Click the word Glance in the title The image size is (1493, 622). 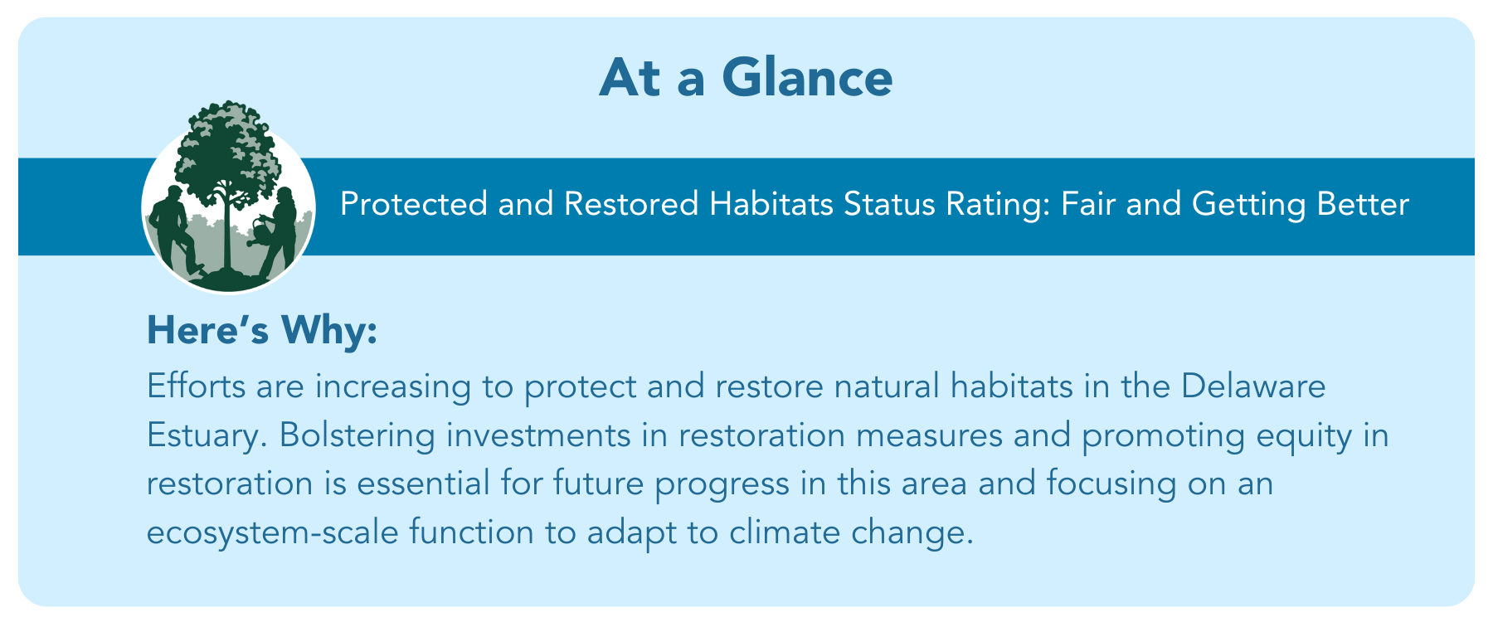pyautogui.click(x=807, y=78)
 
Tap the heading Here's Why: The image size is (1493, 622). pyautogui.click(x=262, y=331)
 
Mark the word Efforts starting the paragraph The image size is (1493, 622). pyautogui.click(x=196, y=386)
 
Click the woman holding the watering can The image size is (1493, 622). pyautogui.click(x=280, y=232)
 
